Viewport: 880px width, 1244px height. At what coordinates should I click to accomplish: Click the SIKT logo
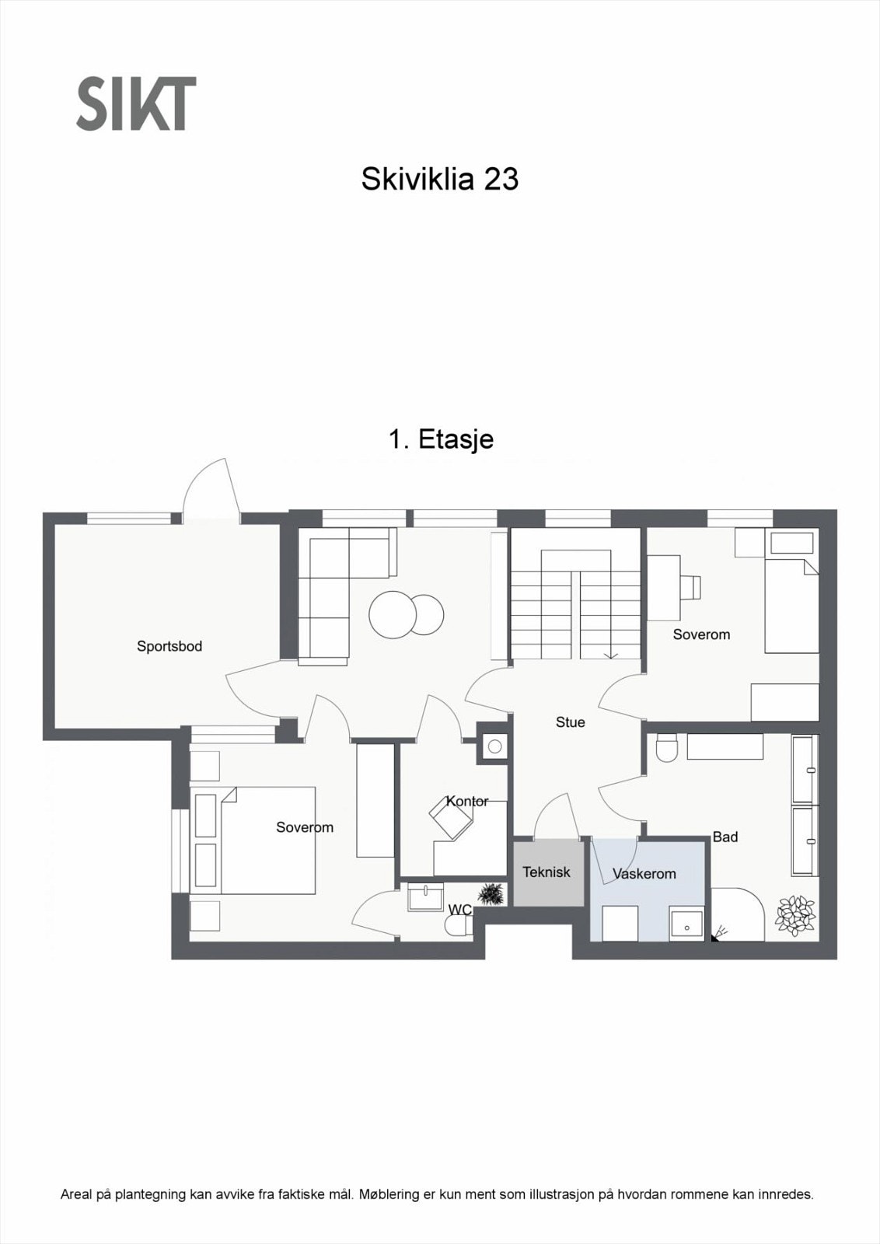136,103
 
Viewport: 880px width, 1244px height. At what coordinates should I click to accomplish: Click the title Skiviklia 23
439,180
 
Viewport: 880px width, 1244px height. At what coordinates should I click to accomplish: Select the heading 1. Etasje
441,439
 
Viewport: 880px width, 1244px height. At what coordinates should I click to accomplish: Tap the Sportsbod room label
169,646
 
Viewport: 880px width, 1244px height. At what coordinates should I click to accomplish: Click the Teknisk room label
546,872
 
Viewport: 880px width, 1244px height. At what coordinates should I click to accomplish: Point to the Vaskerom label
644,874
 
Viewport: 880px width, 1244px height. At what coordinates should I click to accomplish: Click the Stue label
570,722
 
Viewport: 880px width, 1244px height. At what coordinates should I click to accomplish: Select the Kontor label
467,801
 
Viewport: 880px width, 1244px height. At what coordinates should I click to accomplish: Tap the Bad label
725,837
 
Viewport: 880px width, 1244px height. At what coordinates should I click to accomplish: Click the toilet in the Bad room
667,749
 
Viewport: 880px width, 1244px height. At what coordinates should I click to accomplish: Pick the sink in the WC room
425,896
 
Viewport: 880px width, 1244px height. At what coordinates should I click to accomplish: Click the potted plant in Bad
794,915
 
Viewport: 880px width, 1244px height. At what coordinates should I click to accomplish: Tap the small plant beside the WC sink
491,894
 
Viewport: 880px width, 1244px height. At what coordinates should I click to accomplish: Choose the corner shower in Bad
739,915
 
